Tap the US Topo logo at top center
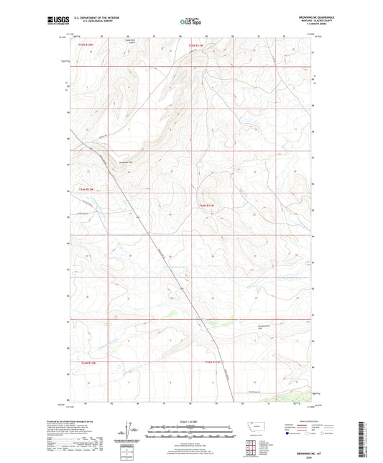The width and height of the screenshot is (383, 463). pyautogui.click(x=190, y=22)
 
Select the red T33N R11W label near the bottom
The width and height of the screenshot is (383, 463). pyautogui.click(x=216, y=362)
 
